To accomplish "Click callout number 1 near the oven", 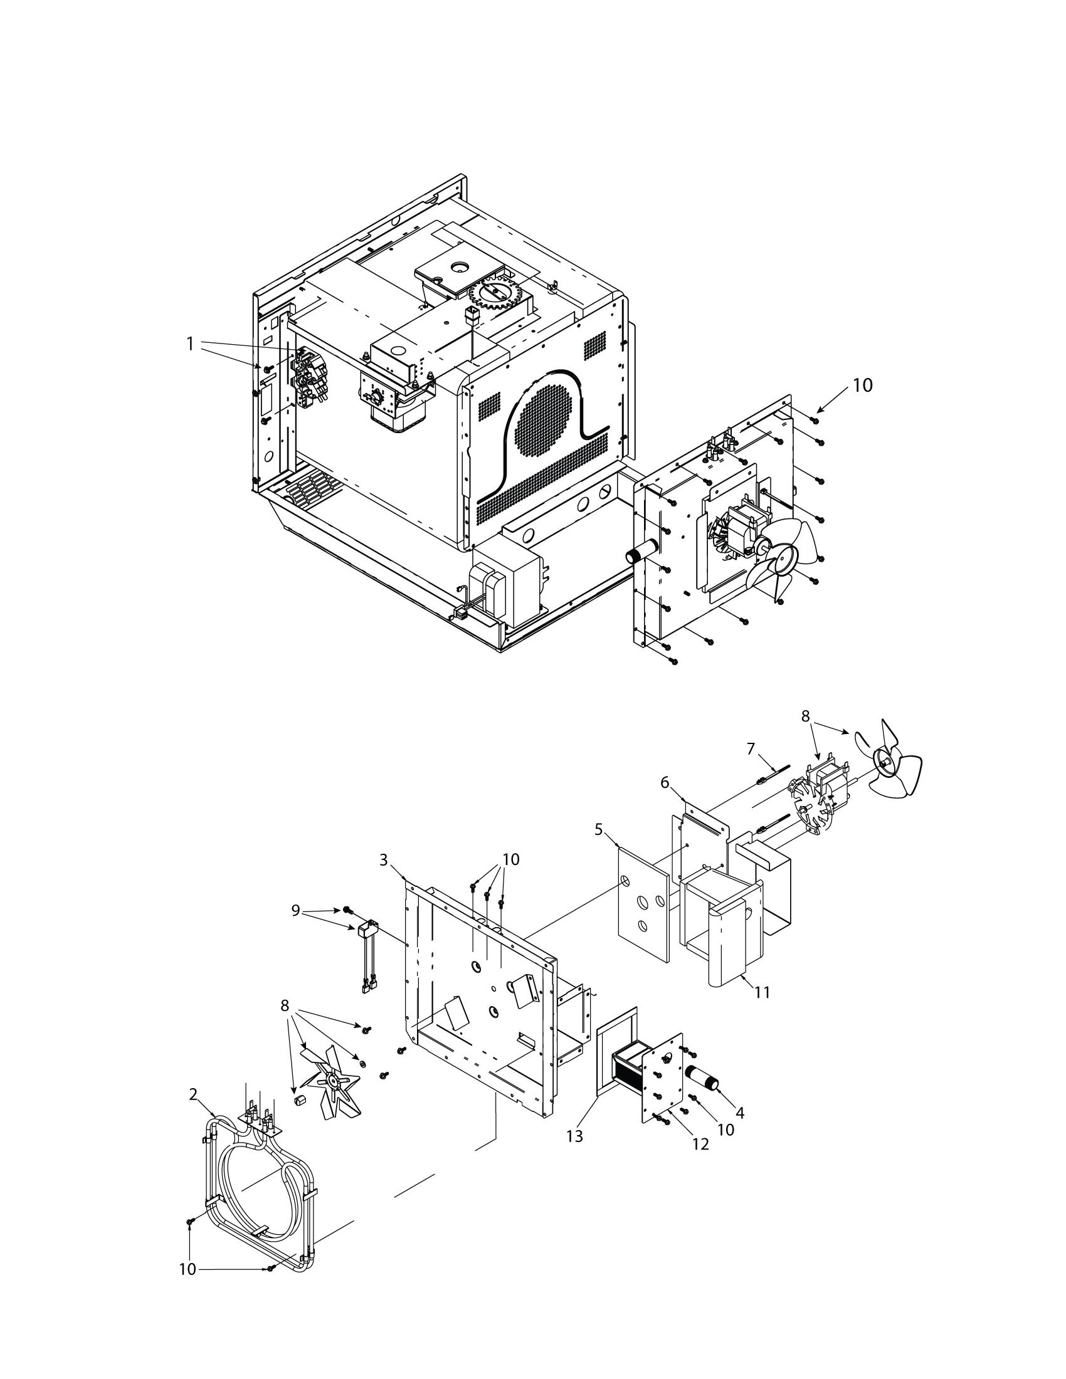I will (x=189, y=344).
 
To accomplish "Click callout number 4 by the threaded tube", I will (x=739, y=1130).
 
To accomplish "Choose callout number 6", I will (x=664, y=782).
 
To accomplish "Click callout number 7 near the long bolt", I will (x=751, y=748).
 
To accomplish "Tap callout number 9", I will (x=295, y=911).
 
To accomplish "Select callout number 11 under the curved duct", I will (x=763, y=993).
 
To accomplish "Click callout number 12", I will (x=701, y=1143).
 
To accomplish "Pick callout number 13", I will (x=574, y=1136).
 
